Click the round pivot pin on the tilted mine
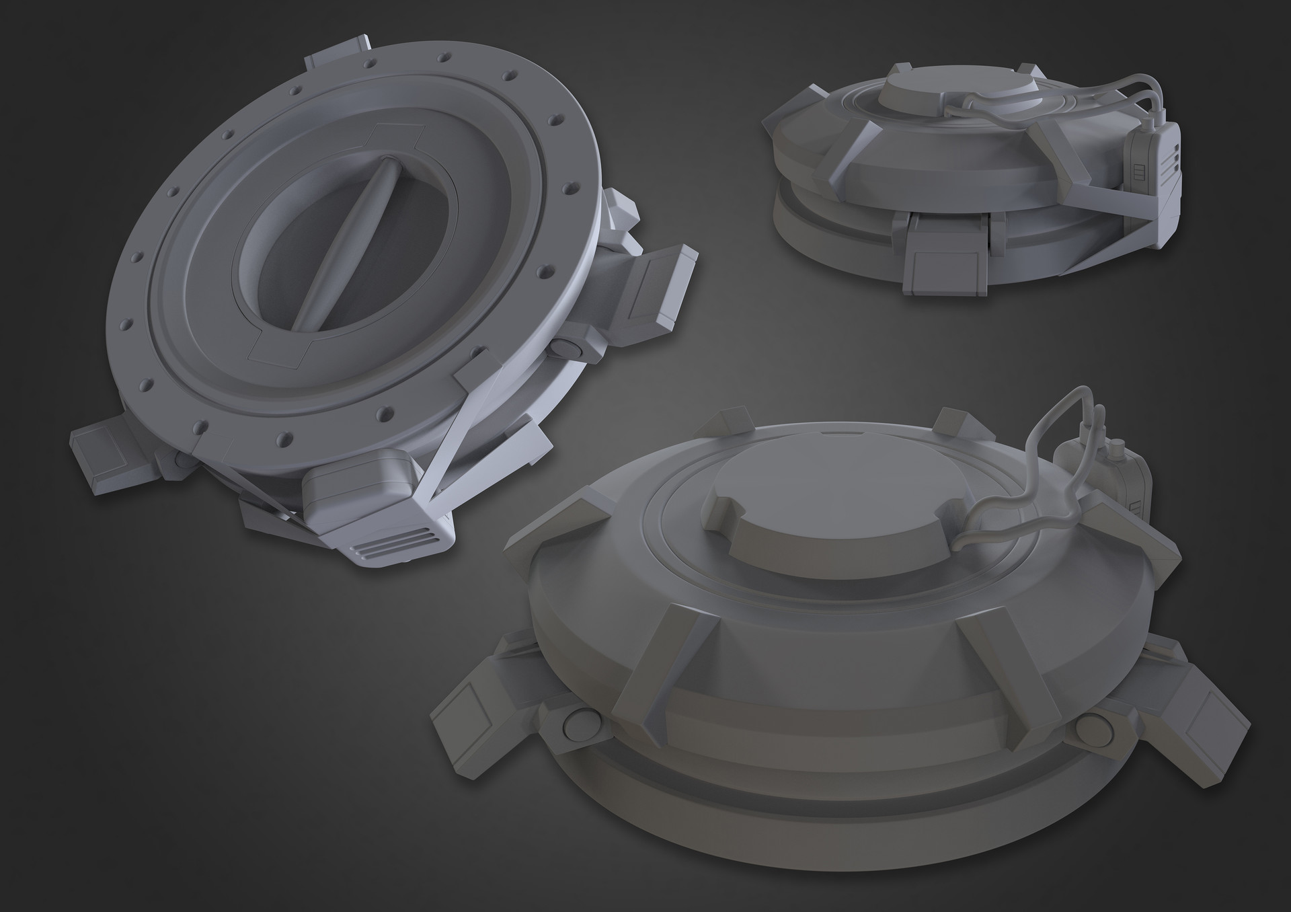point(569,347)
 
